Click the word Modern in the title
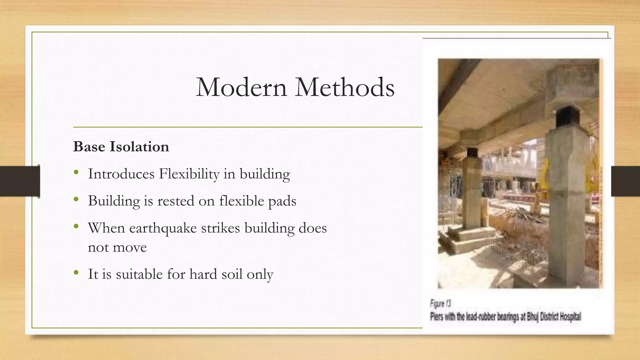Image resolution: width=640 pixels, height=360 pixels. pyautogui.click(x=241, y=87)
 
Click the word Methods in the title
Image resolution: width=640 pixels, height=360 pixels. pyautogui.click(x=345, y=87)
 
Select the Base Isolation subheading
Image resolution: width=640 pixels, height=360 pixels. pyautogui.click(x=121, y=147)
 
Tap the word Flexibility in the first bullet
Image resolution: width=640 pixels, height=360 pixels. pyautogui.click(x=189, y=174)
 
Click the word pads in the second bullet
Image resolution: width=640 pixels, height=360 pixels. pyautogui.click(x=282, y=201)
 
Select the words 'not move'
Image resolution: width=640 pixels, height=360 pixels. pyautogui.click(x=117, y=247)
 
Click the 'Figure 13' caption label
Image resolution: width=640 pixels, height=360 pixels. pyautogui.click(x=441, y=303)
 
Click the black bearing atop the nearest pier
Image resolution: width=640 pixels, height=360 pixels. pyautogui.click(x=567, y=117)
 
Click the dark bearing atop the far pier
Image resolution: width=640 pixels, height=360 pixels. pyautogui.click(x=472, y=152)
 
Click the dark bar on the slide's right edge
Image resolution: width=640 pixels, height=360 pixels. pyautogui.click(x=625, y=181)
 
